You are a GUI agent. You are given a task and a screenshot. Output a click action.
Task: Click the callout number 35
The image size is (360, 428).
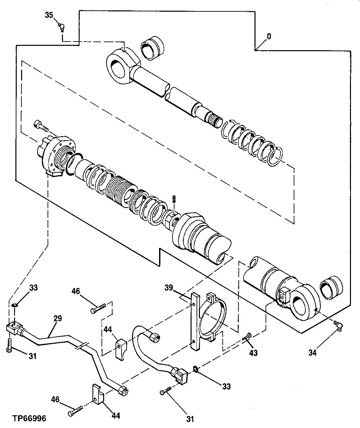(49, 15)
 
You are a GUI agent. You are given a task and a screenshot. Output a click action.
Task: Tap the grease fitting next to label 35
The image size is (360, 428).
(61, 26)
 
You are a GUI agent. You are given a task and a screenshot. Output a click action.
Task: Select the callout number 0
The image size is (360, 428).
(269, 36)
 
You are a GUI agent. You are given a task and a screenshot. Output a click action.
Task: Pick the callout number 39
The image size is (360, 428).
(169, 287)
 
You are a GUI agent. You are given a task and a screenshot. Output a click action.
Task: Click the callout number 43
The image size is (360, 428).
(254, 353)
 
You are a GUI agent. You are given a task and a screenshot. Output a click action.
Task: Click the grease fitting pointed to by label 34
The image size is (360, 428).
(337, 324)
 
